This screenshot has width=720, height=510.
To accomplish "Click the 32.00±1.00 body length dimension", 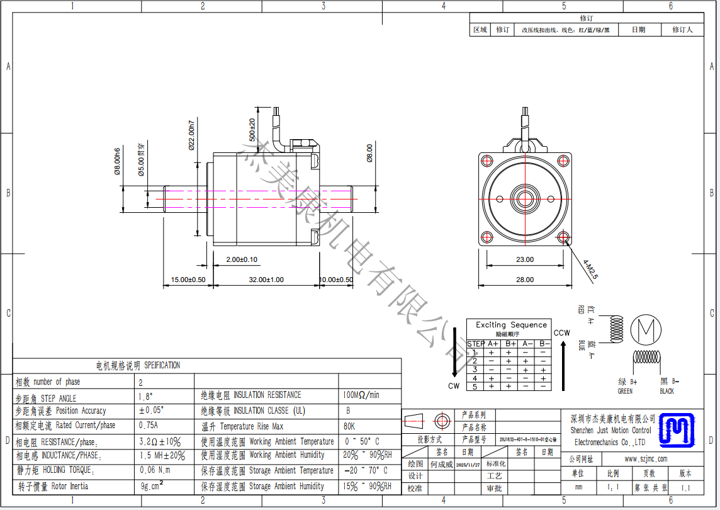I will click(x=266, y=280).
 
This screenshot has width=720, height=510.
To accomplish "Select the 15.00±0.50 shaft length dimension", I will click(x=188, y=280).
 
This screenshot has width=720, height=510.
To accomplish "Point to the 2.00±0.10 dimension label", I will click(x=242, y=259).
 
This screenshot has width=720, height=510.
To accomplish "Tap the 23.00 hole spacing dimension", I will click(x=524, y=259).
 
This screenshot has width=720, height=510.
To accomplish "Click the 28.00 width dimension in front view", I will click(x=524, y=280).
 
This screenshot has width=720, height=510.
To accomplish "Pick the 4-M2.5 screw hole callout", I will click(x=590, y=269).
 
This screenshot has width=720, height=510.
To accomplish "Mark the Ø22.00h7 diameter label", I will click(x=192, y=135).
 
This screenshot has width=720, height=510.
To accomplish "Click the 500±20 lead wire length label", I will click(x=252, y=129).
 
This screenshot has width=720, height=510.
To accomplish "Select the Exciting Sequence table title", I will click(x=511, y=325).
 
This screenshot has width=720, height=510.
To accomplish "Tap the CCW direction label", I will click(x=561, y=333).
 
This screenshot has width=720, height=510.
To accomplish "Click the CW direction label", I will click(x=454, y=386).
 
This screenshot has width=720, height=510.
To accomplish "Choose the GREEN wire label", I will click(x=625, y=391).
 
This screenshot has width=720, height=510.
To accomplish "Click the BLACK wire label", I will click(x=667, y=391).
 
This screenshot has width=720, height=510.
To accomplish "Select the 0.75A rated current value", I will click(x=148, y=425).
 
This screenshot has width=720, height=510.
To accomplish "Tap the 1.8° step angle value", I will click(x=145, y=397).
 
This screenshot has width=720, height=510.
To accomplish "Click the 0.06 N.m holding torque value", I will click(x=155, y=470).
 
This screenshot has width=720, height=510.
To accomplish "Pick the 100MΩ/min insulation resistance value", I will click(x=361, y=395).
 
